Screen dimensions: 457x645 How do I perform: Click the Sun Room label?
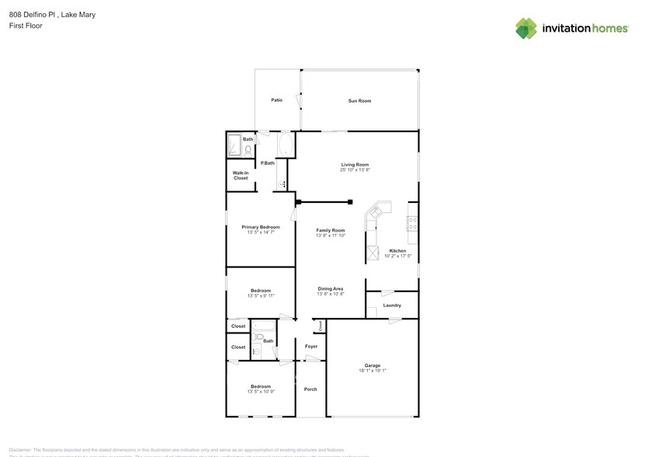[359, 101]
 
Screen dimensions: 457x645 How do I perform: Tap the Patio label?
[276, 100]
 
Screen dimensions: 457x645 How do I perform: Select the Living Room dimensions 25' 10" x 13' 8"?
[355, 170]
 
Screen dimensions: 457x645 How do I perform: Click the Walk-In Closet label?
[241, 176]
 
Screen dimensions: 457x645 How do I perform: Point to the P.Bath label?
[267, 163]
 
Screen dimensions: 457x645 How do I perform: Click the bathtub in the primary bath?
[285, 145]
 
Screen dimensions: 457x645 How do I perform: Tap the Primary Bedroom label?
[260, 227]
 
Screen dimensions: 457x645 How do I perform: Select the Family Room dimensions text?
[330, 235]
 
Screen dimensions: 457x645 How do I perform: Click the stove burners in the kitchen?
[413, 223]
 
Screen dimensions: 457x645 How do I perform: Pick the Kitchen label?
[397, 251]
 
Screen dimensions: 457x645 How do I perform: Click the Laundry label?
[392, 305]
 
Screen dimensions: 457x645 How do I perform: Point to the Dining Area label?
[330, 289]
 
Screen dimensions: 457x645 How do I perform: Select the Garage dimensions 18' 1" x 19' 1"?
[373, 371]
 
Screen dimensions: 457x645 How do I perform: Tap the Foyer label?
[311, 347]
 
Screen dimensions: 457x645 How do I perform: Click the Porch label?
[310, 389]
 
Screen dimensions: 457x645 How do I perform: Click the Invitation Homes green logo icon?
[526, 28]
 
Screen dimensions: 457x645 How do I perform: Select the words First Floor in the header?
[26, 26]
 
